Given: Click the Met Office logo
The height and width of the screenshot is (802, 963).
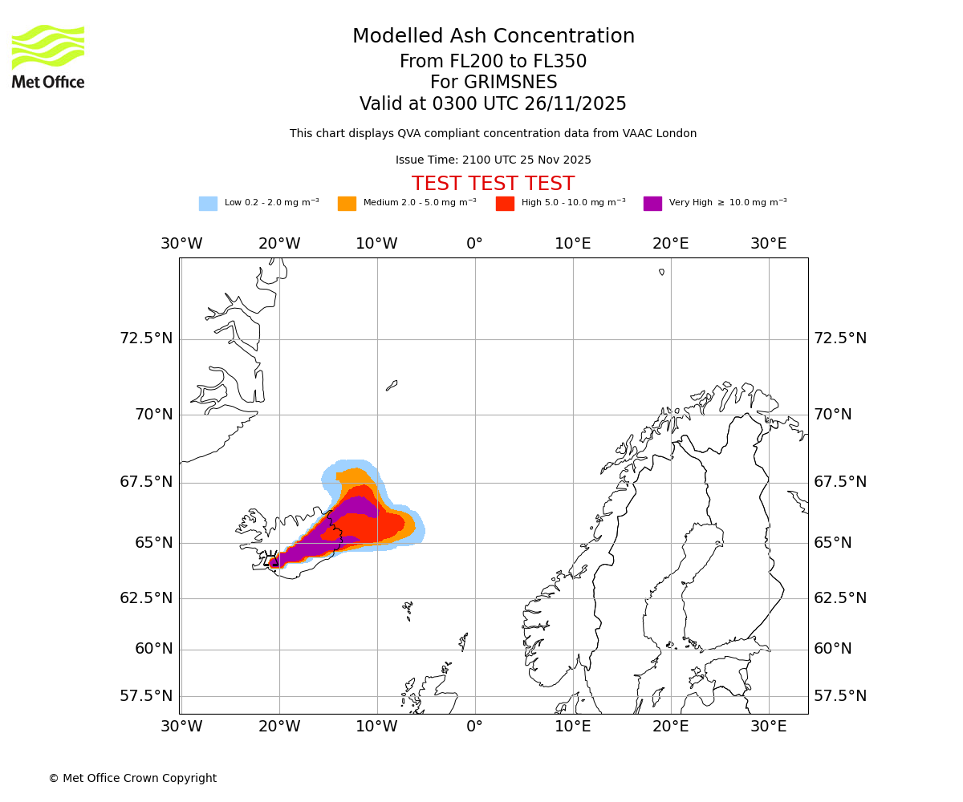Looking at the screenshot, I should click(48, 56).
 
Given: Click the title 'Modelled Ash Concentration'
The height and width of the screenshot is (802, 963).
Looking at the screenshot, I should click(494, 37).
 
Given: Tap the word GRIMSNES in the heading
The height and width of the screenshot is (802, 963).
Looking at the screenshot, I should click(494, 83).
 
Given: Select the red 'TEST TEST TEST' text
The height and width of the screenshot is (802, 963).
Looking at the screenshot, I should click(493, 184).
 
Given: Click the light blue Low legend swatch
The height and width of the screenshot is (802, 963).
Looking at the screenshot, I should click(208, 203).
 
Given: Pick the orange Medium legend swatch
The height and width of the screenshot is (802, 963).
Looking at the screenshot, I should click(347, 203).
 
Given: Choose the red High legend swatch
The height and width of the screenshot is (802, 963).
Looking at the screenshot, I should click(505, 203).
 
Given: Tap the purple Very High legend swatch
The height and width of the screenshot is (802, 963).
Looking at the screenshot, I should click(652, 203).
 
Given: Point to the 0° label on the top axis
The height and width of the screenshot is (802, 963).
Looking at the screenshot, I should click(475, 244).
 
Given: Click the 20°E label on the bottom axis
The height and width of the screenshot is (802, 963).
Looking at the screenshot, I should click(670, 727).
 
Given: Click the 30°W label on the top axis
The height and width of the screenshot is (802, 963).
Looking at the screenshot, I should click(181, 244).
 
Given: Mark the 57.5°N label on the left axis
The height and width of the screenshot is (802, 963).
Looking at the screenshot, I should click(146, 696).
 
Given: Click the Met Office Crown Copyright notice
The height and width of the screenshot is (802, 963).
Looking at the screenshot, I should click(132, 778).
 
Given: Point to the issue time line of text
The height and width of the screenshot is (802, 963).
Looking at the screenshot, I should click(493, 160).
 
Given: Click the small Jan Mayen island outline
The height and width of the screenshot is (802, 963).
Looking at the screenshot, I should click(392, 386).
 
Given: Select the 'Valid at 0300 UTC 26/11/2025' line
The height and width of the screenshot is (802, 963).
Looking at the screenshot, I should click(493, 104).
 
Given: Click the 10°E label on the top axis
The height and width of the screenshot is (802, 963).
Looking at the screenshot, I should click(573, 244).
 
